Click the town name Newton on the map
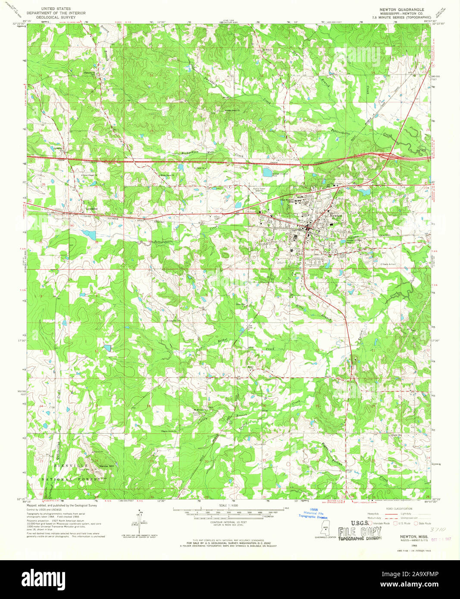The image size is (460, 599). pyautogui.click(x=336, y=215)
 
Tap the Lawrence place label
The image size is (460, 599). pyautogui.click(x=91, y=209)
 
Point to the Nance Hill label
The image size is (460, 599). pyautogui.click(x=106, y=466)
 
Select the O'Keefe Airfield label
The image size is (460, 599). pyautogui.click(x=388, y=264)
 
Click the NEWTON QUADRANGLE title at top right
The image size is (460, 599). pyautogui.click(x=401, y=9)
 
